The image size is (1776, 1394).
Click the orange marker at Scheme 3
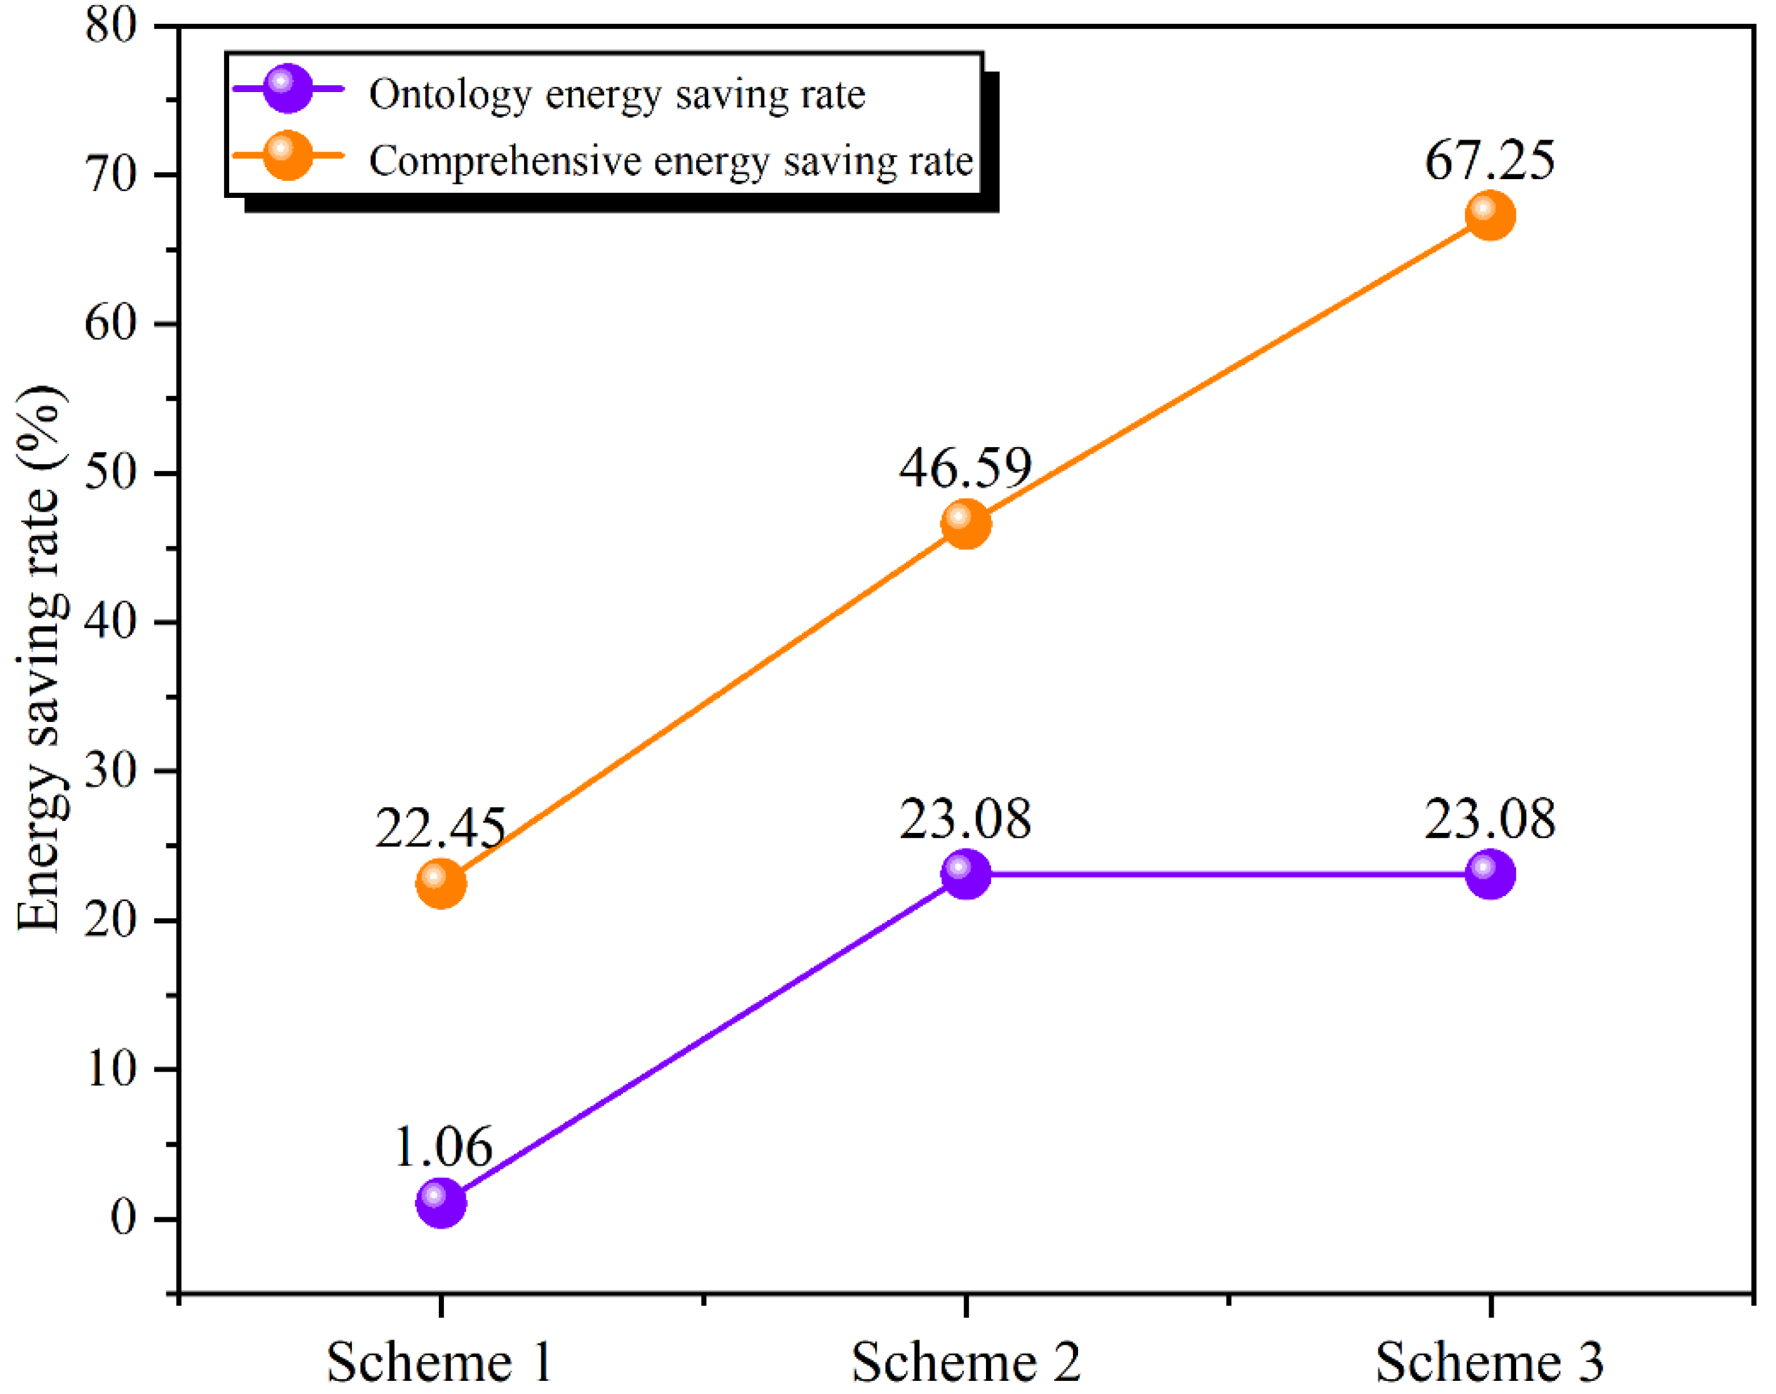(1491, 216)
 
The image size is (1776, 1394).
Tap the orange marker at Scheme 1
(441, 883)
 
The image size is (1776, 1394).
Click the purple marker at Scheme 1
(441, 1202)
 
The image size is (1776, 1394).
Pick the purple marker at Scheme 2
(966, 874)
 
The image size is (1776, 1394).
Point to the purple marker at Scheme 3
(1491, 874)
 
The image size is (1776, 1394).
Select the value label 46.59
(966, 468)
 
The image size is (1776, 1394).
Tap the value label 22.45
(441, 828)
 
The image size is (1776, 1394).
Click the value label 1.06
(443, 1147)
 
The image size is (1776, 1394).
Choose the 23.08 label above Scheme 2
(966, 819)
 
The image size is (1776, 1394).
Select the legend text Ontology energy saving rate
(617, 95)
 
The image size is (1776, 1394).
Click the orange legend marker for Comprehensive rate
(287, 155)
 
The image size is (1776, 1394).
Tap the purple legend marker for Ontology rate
(287, 88)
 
